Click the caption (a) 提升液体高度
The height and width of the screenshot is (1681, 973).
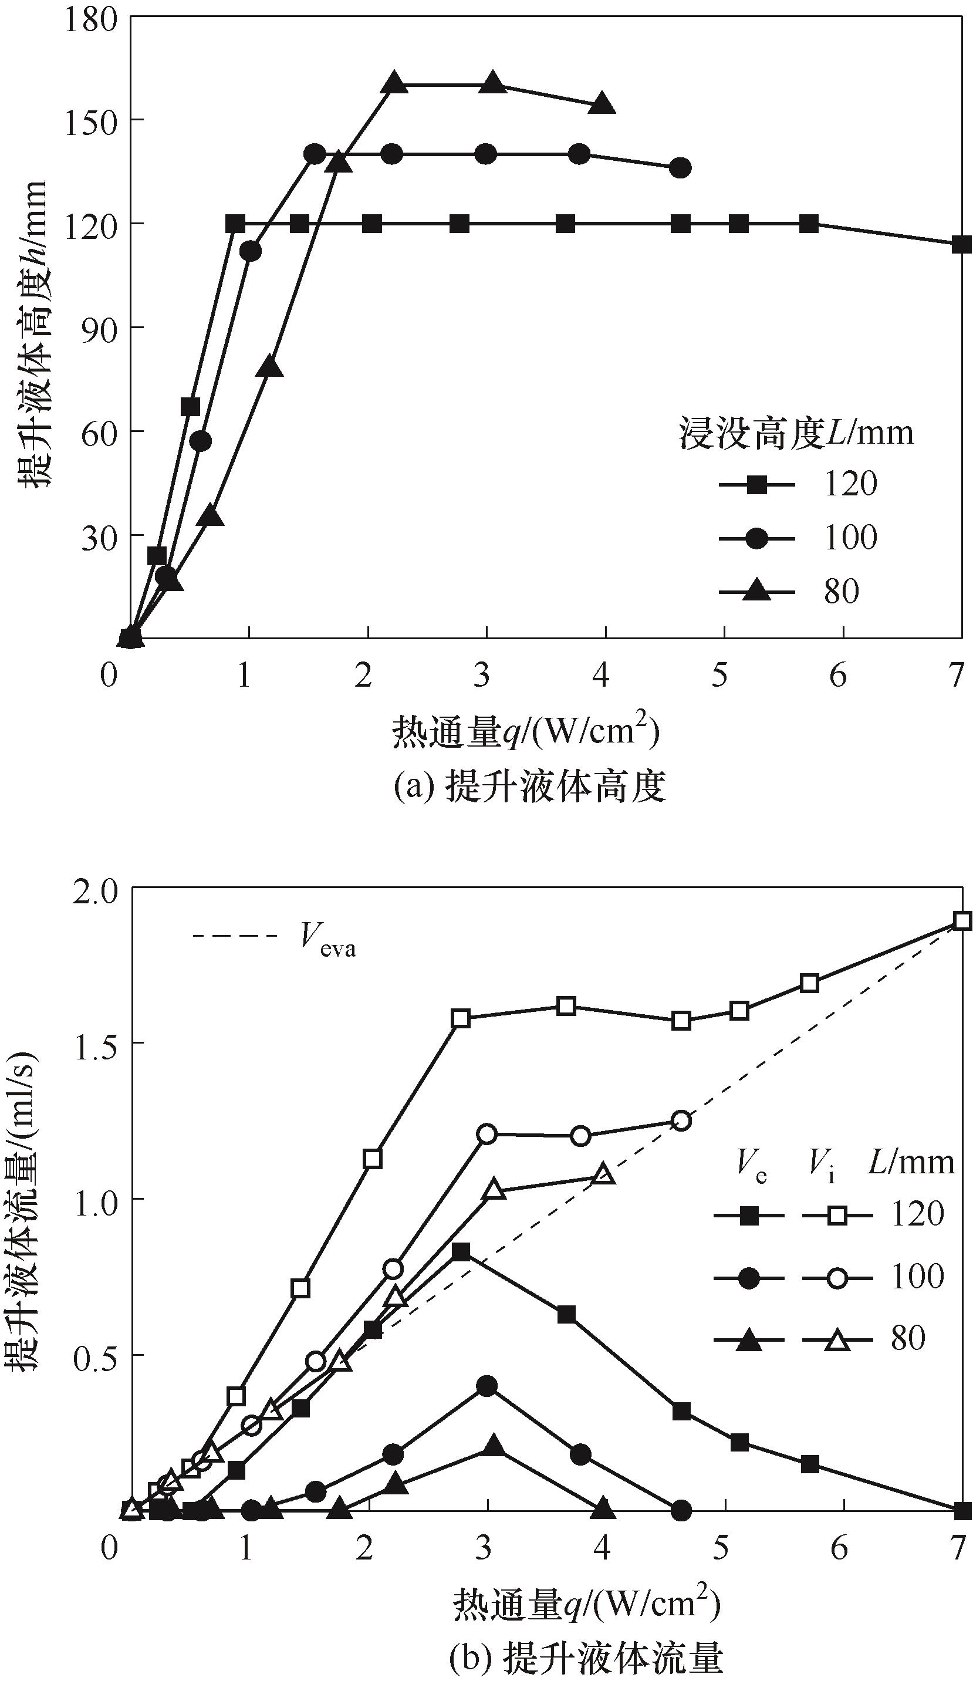tap(530, 788)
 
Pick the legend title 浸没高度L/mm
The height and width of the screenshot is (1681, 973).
tap(796, 434)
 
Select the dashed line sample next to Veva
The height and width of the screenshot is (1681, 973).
tap(234, 937)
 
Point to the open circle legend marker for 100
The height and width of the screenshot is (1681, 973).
tap(837, 1278)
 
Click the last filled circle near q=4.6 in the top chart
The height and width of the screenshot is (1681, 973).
tap(680, 168)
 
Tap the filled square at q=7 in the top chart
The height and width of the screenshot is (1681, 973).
tap(961, 244)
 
